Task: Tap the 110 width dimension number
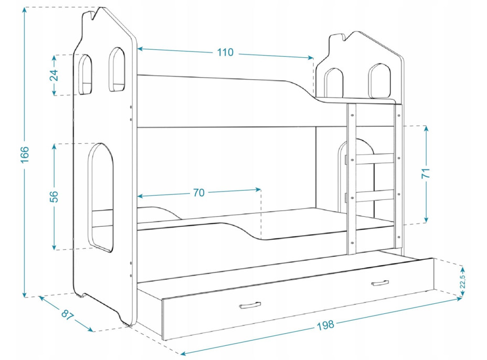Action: pos(225,52)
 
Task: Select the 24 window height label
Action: pos(54,75)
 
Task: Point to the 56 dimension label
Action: pos(54,196)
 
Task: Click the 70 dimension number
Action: pos(198,193)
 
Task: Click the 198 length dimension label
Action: pos(325,325)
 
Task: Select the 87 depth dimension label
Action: pos(67,314)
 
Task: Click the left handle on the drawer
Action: pos(250,305)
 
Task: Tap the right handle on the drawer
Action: pos(380,283)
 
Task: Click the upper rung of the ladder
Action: pos(375,158)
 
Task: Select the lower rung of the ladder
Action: pos(375,196)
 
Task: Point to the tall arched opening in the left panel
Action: pos(101,197)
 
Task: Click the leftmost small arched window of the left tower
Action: pos(84,74)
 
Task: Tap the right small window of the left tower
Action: pos(117,69)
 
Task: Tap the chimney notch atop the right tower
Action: pos(338,38)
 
